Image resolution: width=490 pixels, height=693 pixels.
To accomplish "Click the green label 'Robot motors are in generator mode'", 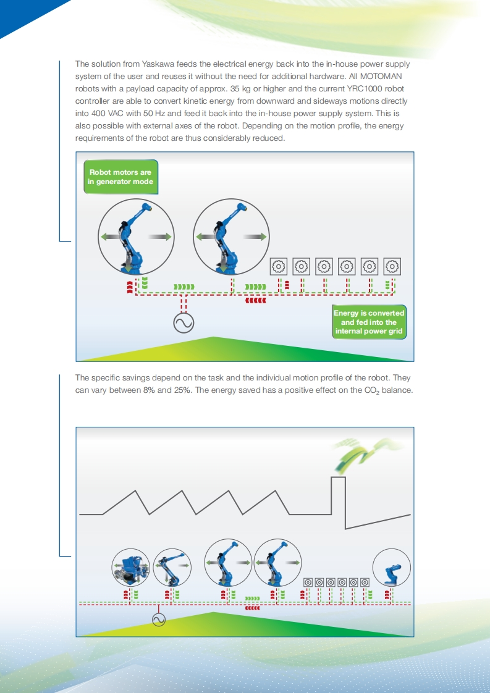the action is pos(120,177).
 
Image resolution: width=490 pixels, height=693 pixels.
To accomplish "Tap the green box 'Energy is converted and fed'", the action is pos(369,322).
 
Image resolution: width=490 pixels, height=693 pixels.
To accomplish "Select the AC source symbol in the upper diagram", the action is pos(184,323).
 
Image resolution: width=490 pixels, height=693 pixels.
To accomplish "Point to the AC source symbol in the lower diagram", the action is pos(158,619).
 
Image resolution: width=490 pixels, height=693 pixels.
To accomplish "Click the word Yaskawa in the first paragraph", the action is pos(158,64).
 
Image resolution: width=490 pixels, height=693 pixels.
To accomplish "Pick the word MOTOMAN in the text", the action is pos(381,77).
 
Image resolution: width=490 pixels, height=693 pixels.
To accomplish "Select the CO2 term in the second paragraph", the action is pos(371,391).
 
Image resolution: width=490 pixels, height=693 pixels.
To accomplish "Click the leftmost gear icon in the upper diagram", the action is pos(279,266).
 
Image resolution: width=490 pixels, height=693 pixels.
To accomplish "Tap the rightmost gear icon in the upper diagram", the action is pos(392,266).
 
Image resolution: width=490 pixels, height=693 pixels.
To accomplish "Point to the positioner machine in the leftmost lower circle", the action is pos(130,568).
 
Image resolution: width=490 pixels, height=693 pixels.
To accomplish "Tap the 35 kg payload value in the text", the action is pos(240,89).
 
